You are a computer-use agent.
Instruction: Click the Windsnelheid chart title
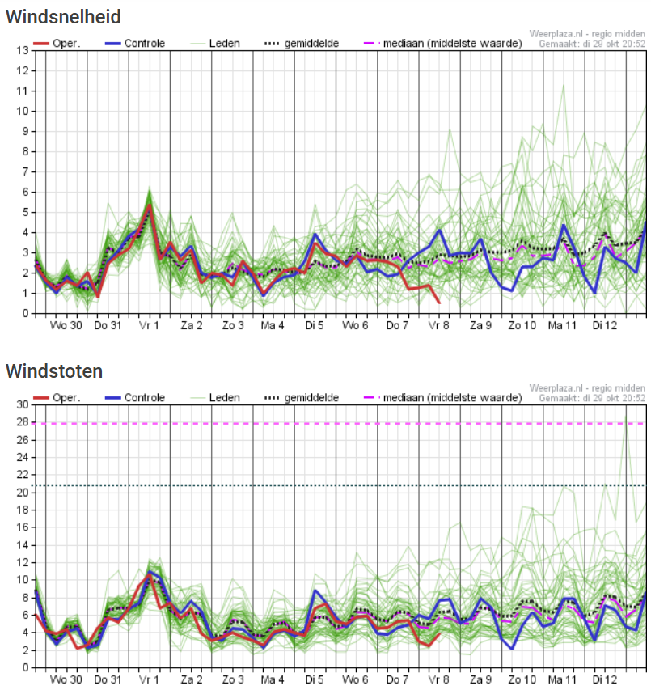point(63,17)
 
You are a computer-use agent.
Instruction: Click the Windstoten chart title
point(54,371)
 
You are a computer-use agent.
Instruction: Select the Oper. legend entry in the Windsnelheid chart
point(57,44)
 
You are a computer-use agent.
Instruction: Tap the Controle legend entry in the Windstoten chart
point(135,398)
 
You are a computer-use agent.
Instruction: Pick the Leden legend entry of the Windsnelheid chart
point(215,44)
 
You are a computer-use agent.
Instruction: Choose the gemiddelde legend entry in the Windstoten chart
point(302,398)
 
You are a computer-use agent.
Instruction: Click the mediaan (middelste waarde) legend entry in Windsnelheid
point(443,44)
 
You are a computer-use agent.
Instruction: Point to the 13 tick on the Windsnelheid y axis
point(23,50)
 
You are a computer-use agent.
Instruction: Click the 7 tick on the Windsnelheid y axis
point(26,171)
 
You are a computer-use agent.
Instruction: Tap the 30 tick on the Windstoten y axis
point(23,404)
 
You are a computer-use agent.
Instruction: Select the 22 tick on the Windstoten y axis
point(23,474)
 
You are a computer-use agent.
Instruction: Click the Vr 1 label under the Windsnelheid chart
point(149,326)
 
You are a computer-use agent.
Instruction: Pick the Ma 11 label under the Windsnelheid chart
point(562,326)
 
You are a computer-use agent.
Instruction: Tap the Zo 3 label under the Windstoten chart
point(233,679)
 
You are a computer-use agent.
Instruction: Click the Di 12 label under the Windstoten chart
point(605,679)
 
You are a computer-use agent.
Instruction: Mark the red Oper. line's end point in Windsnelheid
point(439,303)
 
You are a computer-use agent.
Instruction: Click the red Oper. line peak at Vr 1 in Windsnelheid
point(150,205)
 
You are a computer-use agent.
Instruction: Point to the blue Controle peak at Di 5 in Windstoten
point(315,591)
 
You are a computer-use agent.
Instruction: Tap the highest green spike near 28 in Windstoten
point(626,416)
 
